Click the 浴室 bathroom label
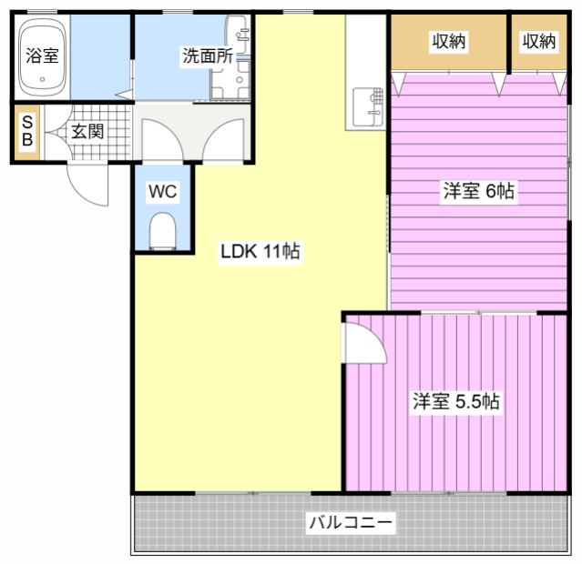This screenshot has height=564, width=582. [x=42, y=55]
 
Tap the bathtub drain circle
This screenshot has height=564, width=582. [x=42, y=79]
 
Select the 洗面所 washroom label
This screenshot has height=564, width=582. [x=208, y=56]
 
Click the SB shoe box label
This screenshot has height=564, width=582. [x=28, y=130]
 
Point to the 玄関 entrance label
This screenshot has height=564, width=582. [x=87, y=132]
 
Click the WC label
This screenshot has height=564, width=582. [x=162, y=191]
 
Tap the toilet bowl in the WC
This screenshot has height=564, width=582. [x=162, y=230]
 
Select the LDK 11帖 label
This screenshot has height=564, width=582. [x=260, y=251]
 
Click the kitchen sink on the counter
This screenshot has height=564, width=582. [x=367, y=106]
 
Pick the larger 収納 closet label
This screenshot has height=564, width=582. [x=448, y=41]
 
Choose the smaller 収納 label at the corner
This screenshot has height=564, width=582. [x=539, y=41]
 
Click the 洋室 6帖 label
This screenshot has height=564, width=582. [x=479, y=191]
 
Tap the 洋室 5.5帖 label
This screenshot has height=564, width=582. [x=456, y=401]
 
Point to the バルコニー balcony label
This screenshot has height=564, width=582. [x=351, y=522]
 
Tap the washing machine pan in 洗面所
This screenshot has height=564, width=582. [x=230, y=80]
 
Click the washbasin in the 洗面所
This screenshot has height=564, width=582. [x=238, y=35]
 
